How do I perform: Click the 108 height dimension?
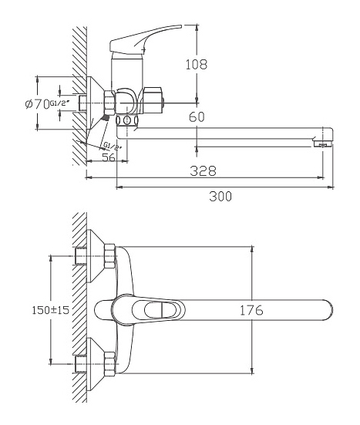pos(197,65)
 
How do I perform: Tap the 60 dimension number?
pos(197,116)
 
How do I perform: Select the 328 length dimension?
pos(204,170)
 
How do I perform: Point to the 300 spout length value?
pos(220,196)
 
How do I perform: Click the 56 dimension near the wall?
pos(109,157)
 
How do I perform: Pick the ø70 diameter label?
pos(37,104)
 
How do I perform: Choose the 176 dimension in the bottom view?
pos(251,310)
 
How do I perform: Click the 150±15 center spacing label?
pos(51,310)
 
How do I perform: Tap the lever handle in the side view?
pos(145,39)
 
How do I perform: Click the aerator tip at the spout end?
pos(322,143)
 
